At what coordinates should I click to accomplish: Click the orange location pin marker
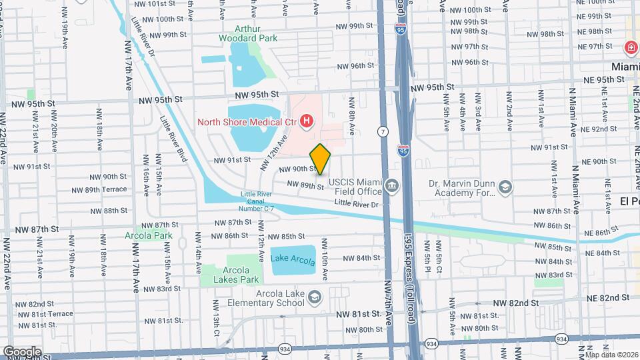pyautogui.click(x=321, y=159)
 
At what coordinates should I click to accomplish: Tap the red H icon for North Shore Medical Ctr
pyautogui.click(x=306, y=121)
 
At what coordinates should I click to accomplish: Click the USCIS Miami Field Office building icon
pyautogui.click(x=391, y=184)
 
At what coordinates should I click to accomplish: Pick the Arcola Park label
pyautogui.click(x=148, y=235)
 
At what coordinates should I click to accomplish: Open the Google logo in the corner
pyautogui.click(x=21, y=351)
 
